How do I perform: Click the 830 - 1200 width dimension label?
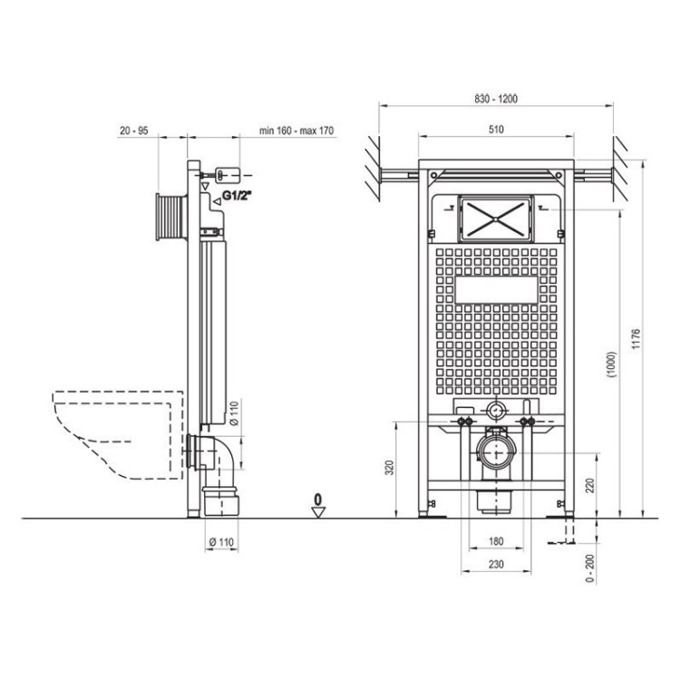tap(496, 99)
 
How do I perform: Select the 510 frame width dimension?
tap(496, 130)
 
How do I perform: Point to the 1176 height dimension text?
tap(636, 339)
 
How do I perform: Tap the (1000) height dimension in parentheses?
tap(611, 365)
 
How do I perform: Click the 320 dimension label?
tap(390, 468)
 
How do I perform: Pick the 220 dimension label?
tap(590, 485)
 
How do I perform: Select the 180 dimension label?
tap(496, 541)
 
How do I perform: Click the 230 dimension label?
tap(496, 564)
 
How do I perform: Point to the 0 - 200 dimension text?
tap(590, 568)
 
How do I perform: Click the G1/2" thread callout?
tap(237, 196)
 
